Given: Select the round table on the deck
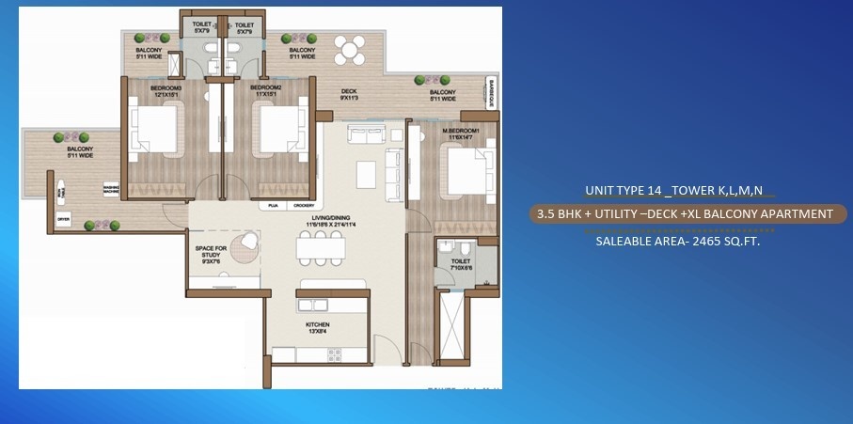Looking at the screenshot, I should click(352, 50).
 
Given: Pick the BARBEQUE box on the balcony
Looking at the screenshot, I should click(490, 93).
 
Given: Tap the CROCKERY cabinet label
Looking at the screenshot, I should click(303, 204).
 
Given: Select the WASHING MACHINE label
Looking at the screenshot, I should click(111, 188).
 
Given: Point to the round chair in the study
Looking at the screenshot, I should click(246, 243).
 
